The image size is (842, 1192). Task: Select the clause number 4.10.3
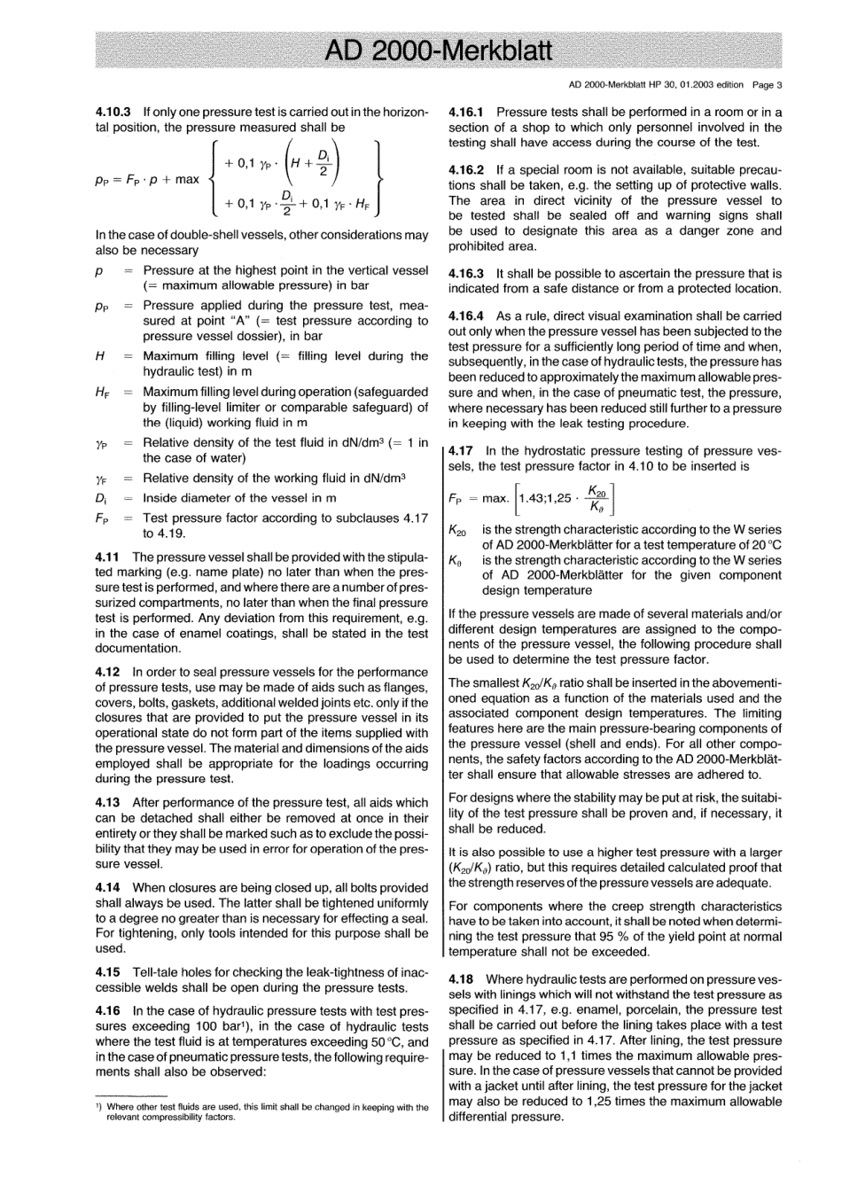coord(113,113)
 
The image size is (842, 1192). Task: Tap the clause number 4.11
coord(107,557)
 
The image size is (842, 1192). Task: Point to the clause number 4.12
coord(107,673)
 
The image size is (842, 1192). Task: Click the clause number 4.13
coord(107,803)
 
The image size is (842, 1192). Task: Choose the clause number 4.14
coord(107,888)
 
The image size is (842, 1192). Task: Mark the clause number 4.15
coord(107,973)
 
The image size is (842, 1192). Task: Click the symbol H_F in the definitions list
coord(102,392)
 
